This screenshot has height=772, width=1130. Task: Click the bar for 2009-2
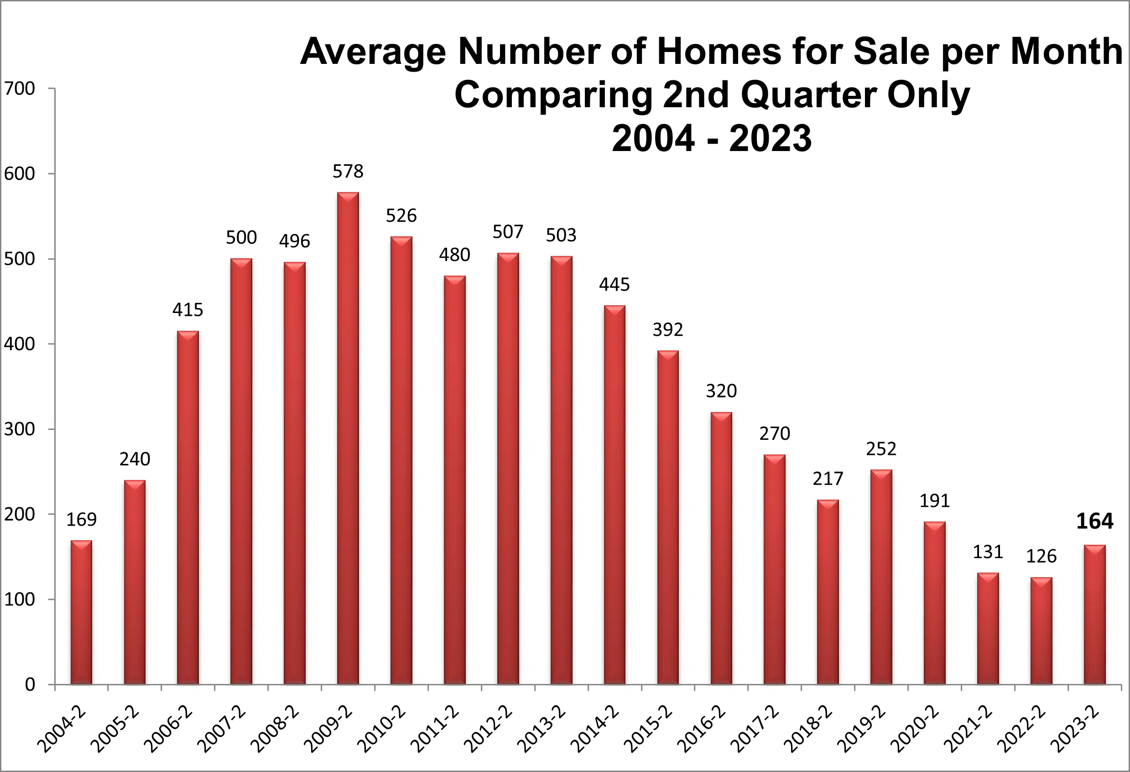[x=348, y=438]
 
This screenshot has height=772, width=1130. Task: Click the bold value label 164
[x=1094, y=522]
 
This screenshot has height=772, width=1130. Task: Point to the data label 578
[x=348, y=171]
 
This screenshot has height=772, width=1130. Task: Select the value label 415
[x=187, y=310]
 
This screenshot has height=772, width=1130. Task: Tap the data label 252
[x=881, y=449]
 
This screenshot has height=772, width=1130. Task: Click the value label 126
[x=1041, y=556]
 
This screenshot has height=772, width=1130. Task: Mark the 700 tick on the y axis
[x=20, y=89]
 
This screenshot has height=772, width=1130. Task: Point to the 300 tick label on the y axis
[x=20, y=429]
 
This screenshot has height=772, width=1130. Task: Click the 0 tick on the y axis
[x=30, y=684]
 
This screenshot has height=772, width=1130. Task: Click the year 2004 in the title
[x=653, y=139]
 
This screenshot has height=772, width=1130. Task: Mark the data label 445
[x=614, y=285]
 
